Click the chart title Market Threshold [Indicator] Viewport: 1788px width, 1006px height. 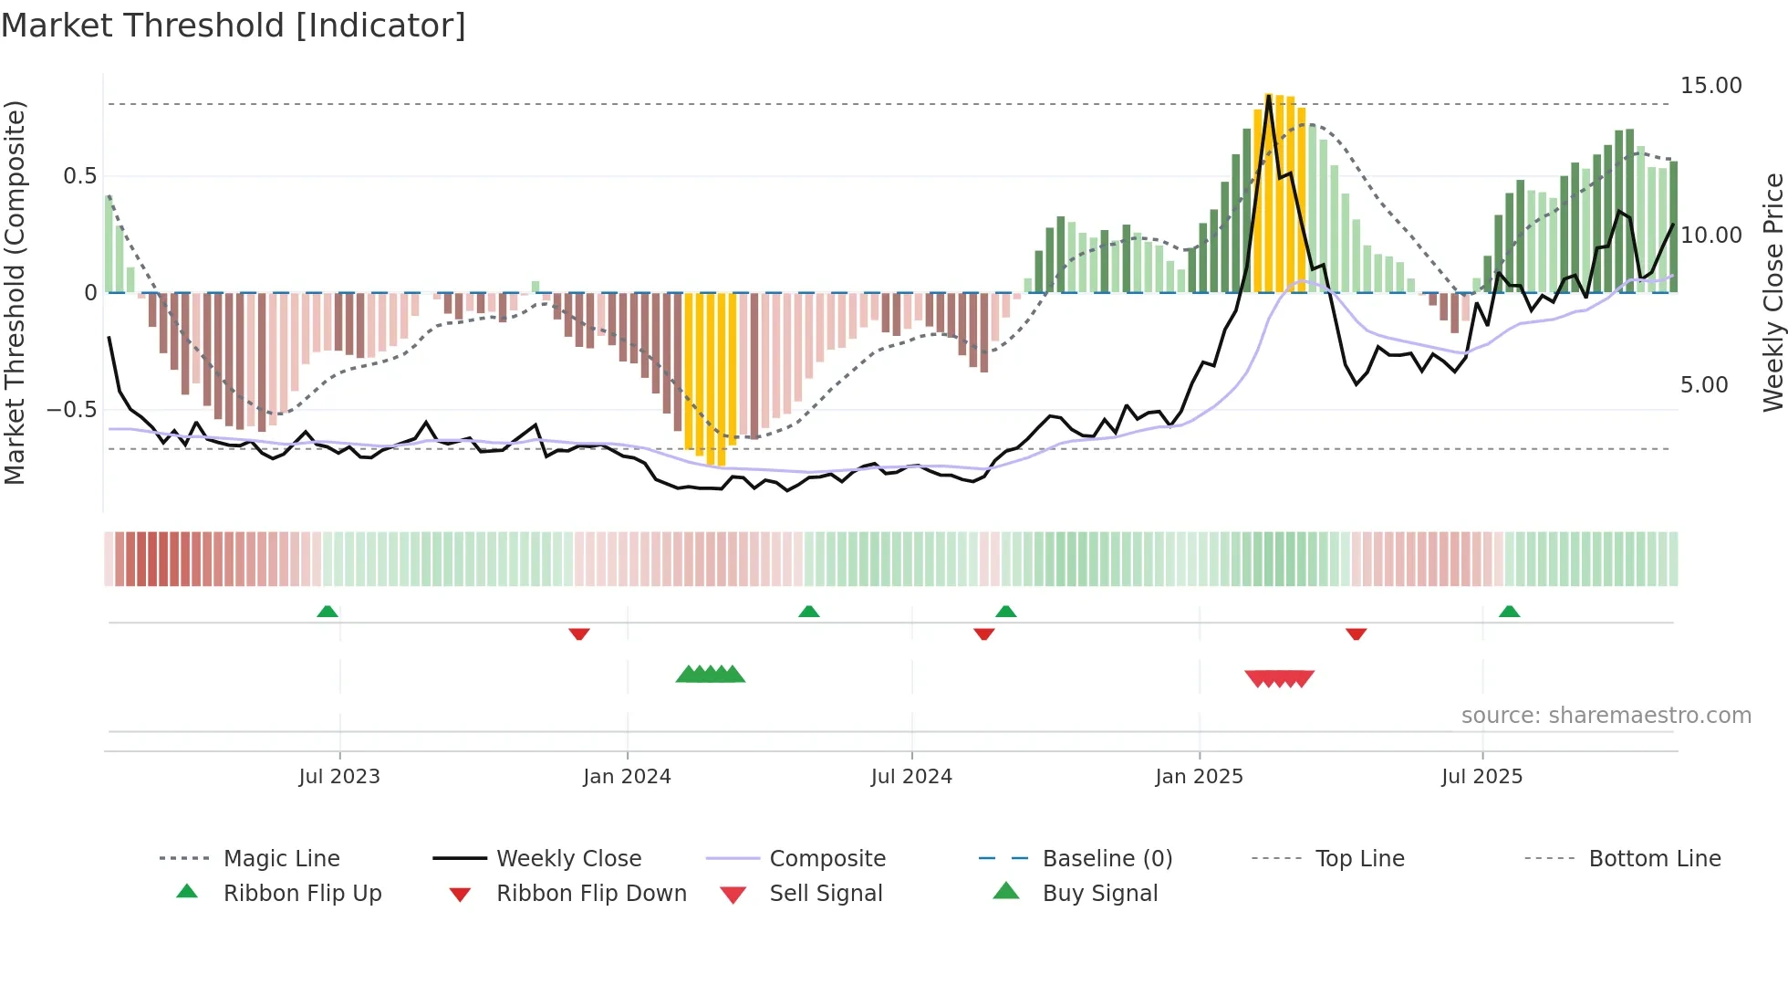(x=234, y=26)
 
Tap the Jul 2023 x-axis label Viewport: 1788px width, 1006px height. (x=339, y=777)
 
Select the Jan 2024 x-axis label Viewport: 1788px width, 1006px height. (x=627, y=777)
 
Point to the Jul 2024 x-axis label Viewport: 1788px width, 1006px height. (x=911, y=777)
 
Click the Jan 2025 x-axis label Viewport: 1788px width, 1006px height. (x=1199, y=777)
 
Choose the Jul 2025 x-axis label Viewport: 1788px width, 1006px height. (x=1482, y=777)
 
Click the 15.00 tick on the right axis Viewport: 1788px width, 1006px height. (x=1710, y=86)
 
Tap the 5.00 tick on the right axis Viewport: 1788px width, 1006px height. (x=1704, y=385)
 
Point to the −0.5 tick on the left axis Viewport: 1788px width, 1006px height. (x=71, y=410)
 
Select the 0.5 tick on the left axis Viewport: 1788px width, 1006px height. (x=79, y=176)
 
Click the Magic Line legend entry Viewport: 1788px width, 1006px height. (x=281, y=859)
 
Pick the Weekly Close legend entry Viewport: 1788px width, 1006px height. (x=568, y=859)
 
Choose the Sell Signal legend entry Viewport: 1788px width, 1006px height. (x=826, y=894)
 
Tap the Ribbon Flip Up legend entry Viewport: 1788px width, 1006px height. (x=302, y=894)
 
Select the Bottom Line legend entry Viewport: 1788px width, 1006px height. (x=1654, y=859)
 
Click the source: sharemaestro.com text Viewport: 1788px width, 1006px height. (x=1606, y=716)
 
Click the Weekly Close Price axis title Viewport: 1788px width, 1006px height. (x=1772, y=292)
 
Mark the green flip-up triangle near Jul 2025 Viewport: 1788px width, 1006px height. (x=1509, y=612)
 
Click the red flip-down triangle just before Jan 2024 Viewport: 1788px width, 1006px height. (x=579, y=634)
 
